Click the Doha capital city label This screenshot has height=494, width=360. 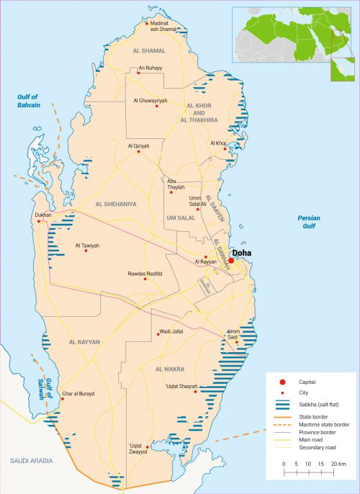click(240, 253)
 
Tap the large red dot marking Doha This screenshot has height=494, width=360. click(231, 261)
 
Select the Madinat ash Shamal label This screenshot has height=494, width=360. click(163, 27)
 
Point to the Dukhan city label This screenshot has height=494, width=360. click(42, 215)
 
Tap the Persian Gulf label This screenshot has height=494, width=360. click(309, 222)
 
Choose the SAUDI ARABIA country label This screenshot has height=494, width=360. click(28, 459)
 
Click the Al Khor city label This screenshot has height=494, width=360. click(218, 143)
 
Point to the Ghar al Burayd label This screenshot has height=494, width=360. click(78, 394)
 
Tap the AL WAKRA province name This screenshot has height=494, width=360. click(170, 369)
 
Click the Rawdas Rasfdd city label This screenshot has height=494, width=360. click(145, 274)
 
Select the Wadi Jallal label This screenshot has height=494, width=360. click(170, 333)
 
